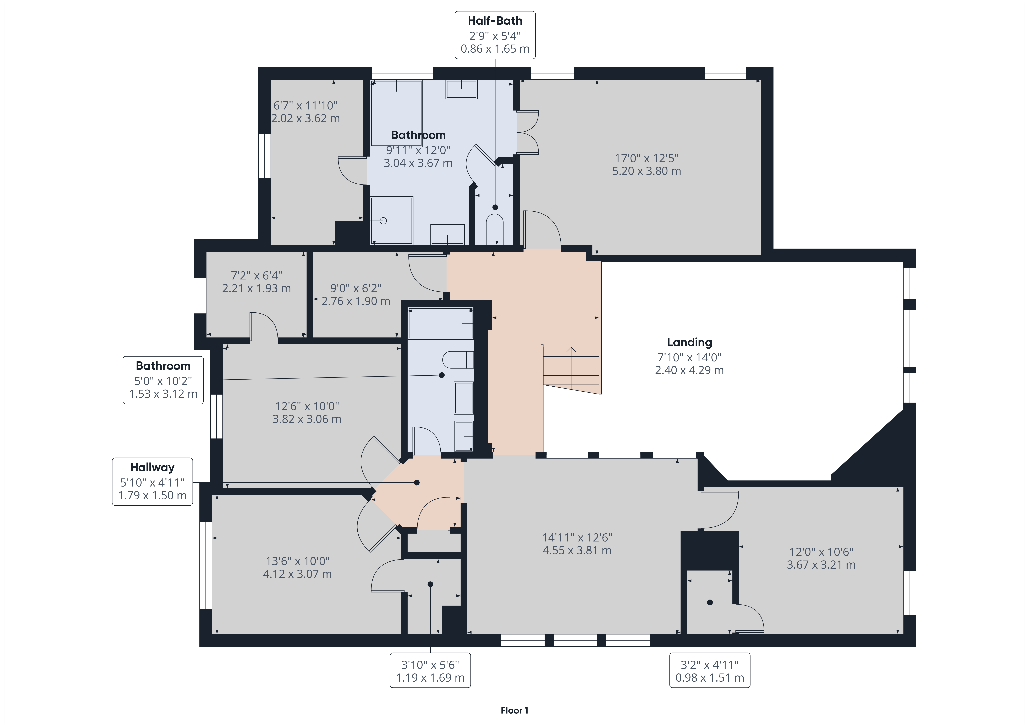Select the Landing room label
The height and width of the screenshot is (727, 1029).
coord(689,342)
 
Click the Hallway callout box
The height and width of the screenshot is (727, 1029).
coord(152,482)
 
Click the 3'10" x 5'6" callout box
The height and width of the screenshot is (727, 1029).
coord(430,670)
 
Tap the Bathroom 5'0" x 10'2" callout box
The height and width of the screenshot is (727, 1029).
coord(163,380)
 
